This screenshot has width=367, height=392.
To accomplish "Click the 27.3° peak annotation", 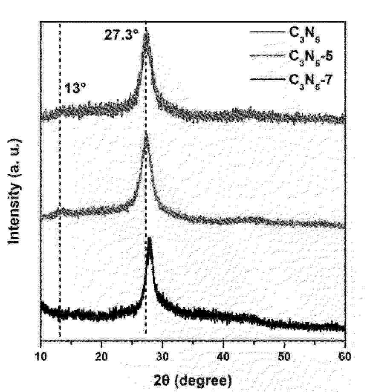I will (121, 35).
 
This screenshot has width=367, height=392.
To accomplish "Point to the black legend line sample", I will (267, 80).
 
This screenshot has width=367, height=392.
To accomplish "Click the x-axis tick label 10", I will (41, 356).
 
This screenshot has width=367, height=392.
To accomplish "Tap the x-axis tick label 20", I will (101, 356).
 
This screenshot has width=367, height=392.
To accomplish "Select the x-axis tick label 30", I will (162, 356).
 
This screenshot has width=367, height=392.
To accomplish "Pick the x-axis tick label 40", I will (223, 356).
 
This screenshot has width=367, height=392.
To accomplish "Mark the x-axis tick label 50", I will (284, 356).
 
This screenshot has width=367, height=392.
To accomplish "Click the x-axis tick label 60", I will (344, 356).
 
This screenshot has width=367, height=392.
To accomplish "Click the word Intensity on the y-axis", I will (16, 213).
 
